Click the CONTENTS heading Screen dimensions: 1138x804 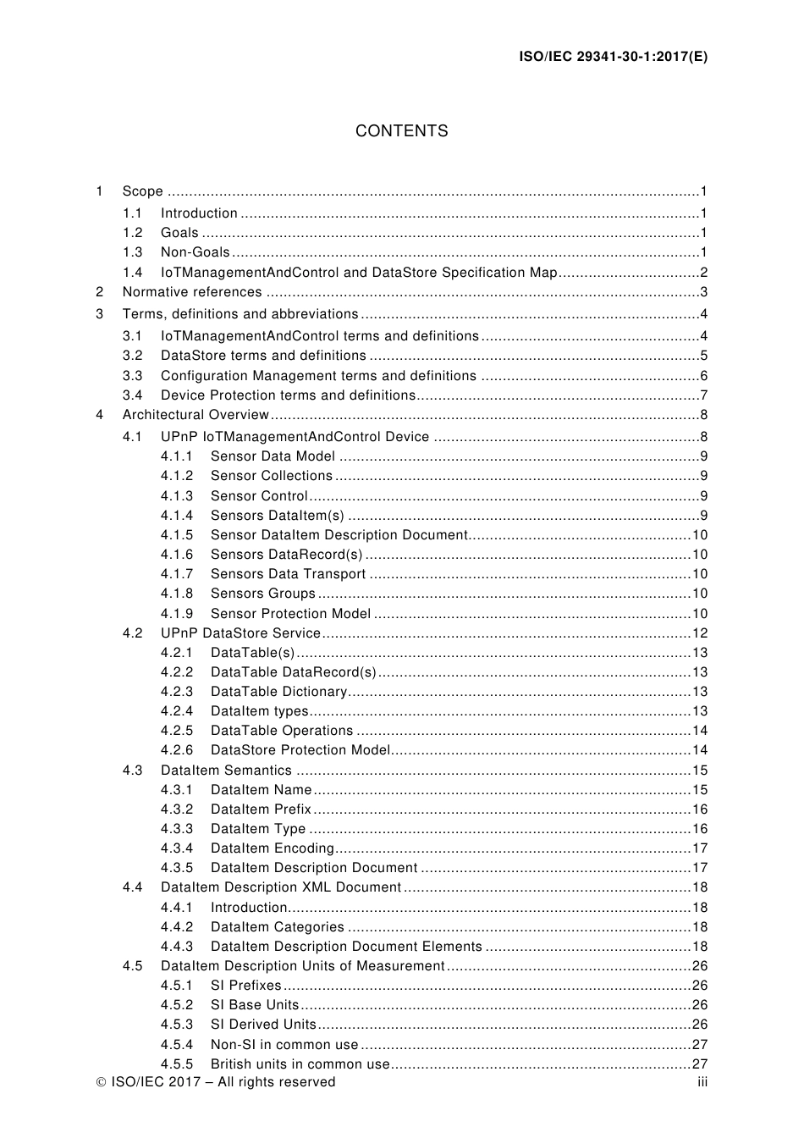point(401,131)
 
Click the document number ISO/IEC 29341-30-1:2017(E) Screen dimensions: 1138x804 point(613,58)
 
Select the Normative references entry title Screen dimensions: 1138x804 point(192,292)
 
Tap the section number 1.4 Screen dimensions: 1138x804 point(132,273)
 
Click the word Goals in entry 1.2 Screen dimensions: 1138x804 point(179,233)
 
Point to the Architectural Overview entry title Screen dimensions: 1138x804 point(195,415)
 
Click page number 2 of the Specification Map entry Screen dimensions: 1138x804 point(703,273)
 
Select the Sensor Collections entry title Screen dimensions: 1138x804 point(271,476)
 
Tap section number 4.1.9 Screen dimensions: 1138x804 point(177,614)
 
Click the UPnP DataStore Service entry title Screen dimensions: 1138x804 point(240,633)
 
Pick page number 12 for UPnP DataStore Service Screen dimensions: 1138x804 point(699,633)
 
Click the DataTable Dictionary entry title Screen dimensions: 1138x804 point(278,692)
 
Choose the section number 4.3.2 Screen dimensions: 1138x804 point(177,809)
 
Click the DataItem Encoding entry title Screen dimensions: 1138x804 point(272,848)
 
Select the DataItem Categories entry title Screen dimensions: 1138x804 point(277,927)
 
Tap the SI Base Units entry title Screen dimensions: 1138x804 point(254,1005)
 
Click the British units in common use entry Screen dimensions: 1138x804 point(300,1064)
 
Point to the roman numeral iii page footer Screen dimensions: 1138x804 point(702,1082)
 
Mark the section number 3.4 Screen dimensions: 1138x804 point(132,395)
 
